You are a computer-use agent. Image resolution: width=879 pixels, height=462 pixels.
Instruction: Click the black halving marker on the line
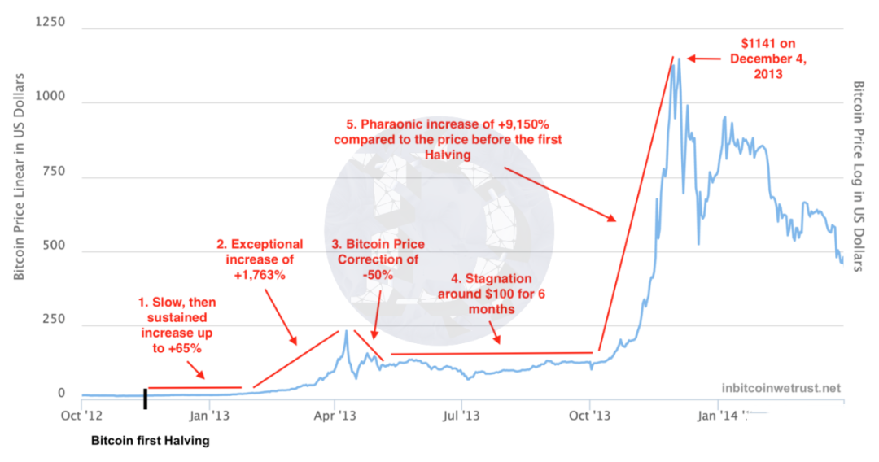[x=146, y=399]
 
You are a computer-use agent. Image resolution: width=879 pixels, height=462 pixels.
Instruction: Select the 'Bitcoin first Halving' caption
[x=150, y=442]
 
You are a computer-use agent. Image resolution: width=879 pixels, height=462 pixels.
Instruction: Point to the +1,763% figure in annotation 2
[x=260, y=275]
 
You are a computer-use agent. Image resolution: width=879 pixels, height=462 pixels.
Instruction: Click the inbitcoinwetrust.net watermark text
[x=781, y=388]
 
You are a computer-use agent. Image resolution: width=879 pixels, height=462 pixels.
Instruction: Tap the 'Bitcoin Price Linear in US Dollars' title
[x=19, y=177]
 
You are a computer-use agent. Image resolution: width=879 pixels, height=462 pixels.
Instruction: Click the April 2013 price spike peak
[x=346, y=331]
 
